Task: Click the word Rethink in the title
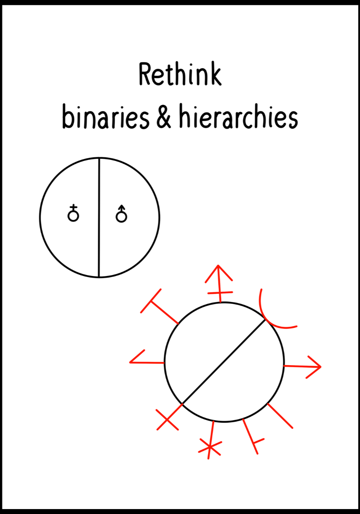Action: click(x=180, y=74)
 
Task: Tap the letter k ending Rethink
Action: click(x=215, y=75)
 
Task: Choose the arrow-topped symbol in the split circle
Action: click(x=121, y=214)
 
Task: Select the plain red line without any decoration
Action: click(x=280, y=416)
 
